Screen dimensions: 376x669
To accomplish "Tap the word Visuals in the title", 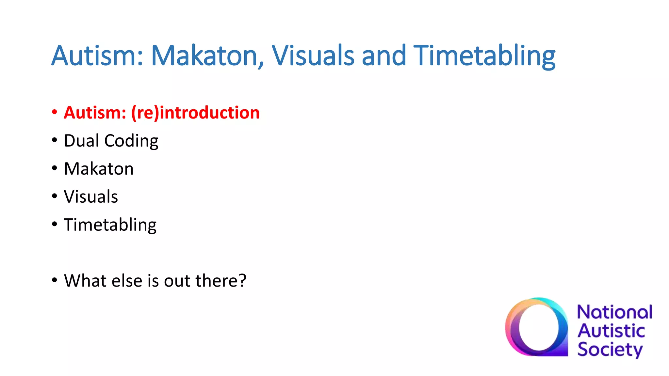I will pos(313,55).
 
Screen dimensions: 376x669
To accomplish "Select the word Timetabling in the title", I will pos(484,55).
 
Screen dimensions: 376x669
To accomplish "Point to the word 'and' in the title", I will pos(384,55).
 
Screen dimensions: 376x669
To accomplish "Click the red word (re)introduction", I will pos(195,113).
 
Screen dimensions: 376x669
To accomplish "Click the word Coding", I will pos(131,141).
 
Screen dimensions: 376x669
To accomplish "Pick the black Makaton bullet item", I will pos(99,169).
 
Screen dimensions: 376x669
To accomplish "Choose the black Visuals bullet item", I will pos(91,197).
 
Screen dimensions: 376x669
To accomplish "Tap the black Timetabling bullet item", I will pos(110,225).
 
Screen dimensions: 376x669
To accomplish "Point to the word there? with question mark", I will pos(220,281).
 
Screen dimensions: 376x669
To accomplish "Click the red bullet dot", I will pos(55,112).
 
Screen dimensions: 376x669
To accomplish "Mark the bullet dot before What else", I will pos(55,280).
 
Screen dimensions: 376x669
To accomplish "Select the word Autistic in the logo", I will pos(611,331).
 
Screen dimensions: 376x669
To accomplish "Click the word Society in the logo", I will pos(610,350).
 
